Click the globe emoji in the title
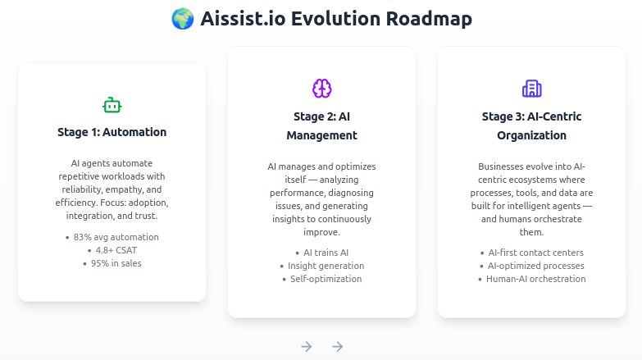(182, 19)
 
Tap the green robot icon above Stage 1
(112, 105)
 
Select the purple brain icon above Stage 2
(321, 89)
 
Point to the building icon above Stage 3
(531, 89)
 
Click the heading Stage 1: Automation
(112, 132)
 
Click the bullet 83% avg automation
(116, 237)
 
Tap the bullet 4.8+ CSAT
(116, 250)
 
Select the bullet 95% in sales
(116, 263)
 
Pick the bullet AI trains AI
(326, 253)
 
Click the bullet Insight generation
(326, 266)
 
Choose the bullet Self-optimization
(326, 279)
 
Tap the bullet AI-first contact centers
(535, 253)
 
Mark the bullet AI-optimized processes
(535, 266)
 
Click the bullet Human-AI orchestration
(535, 279)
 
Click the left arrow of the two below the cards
(307, 346)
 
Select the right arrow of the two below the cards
(337, 346)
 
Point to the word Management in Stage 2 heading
(321, 135)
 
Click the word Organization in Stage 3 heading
(531, 135)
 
